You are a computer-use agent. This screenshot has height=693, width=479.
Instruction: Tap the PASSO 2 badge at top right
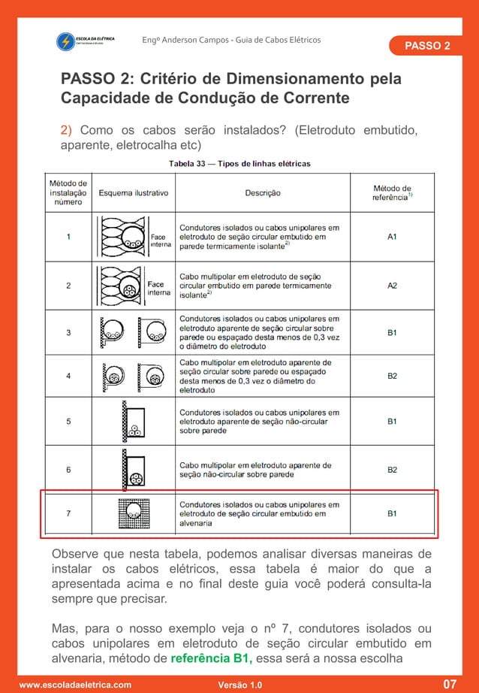tap(427, 46)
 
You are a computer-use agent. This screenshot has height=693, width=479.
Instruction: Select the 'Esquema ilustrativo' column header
tap(134, 193)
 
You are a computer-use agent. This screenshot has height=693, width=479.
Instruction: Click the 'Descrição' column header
tap(263, 193)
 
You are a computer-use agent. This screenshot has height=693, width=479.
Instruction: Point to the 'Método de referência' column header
tap(392, 192)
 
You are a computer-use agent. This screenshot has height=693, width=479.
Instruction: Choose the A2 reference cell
tap(392, 286)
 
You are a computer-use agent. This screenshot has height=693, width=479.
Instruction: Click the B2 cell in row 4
tap(392, 376)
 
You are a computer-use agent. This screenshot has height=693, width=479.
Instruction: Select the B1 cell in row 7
tap(392, 514)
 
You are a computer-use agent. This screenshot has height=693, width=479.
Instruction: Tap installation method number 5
tap(69, 422)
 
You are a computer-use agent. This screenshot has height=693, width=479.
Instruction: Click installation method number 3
tap(69, 331)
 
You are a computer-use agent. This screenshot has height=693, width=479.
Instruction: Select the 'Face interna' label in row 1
tap(160, 240)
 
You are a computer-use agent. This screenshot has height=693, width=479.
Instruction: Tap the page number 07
tap(449, 684)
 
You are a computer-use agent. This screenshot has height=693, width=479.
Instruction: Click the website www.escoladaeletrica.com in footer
tap(74, 685)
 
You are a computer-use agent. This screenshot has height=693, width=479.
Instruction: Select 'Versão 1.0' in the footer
tap(239, 685)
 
